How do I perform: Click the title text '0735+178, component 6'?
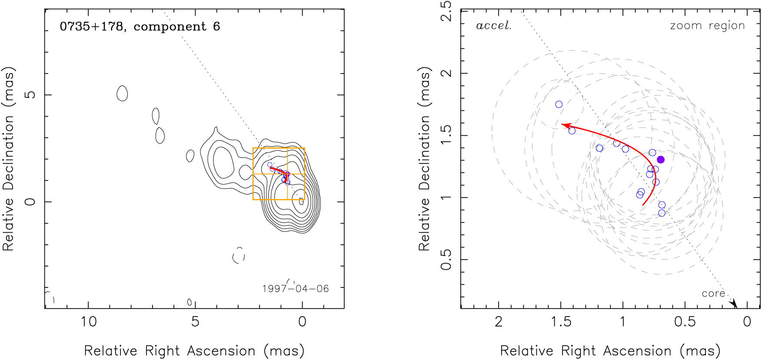click(x=140, y=27)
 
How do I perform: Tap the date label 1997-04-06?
click(x=296, y=289)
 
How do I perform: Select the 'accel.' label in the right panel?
click(x=493, y=26)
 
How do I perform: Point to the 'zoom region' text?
click(x=707, y=26)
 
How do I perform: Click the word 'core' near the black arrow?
click(x=713, y=293)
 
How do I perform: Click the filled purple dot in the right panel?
click(x=661, y=160)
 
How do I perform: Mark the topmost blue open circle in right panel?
click(x=559, y=104)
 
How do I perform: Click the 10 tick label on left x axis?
click(x=88, y=322)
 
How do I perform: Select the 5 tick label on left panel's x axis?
click(x=195, y=322)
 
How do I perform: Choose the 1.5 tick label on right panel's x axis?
click(x=561, y=322)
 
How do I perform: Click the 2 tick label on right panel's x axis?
click(x=499, y=322)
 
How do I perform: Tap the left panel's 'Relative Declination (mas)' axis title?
click(x=9, y=159)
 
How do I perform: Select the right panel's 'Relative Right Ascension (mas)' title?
click(x=610, y=351)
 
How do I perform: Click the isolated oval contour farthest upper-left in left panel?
click(x=123, y=93)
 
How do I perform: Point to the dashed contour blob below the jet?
click(x=239, y=255)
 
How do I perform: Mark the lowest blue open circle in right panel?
click(x=662, y=213)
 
